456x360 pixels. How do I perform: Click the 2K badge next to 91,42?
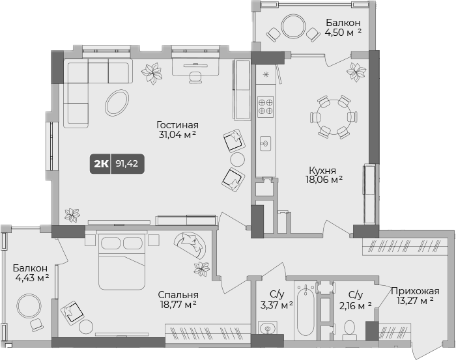(x=102, y=164)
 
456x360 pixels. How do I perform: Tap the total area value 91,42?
(x=126, y=164)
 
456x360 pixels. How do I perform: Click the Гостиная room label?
(x=177, y=125)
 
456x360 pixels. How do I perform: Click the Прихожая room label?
(x=415, y=291)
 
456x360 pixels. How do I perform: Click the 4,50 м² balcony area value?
(x=343, y=32)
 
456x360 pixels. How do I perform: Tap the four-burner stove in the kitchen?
(x=265, y=105)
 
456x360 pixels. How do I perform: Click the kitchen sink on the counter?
(x=265, y=142)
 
